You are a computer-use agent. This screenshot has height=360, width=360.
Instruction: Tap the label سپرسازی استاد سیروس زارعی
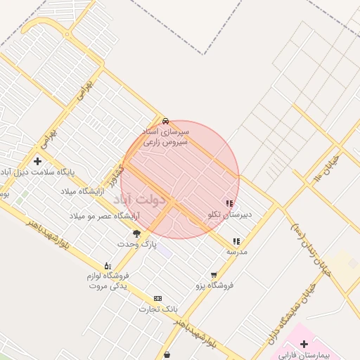pos(165,136)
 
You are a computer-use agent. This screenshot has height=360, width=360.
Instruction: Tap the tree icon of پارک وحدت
pos(136,233)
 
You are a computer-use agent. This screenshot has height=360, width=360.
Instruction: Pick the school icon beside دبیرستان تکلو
pos(230,203)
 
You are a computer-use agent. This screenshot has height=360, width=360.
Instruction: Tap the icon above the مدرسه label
pos(236,241)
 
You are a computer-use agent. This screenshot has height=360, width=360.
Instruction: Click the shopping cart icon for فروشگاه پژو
pos(214,275)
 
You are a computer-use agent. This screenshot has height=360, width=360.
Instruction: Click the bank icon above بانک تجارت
pos(157,298)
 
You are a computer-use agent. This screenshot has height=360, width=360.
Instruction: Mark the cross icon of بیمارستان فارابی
pos(304,345)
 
